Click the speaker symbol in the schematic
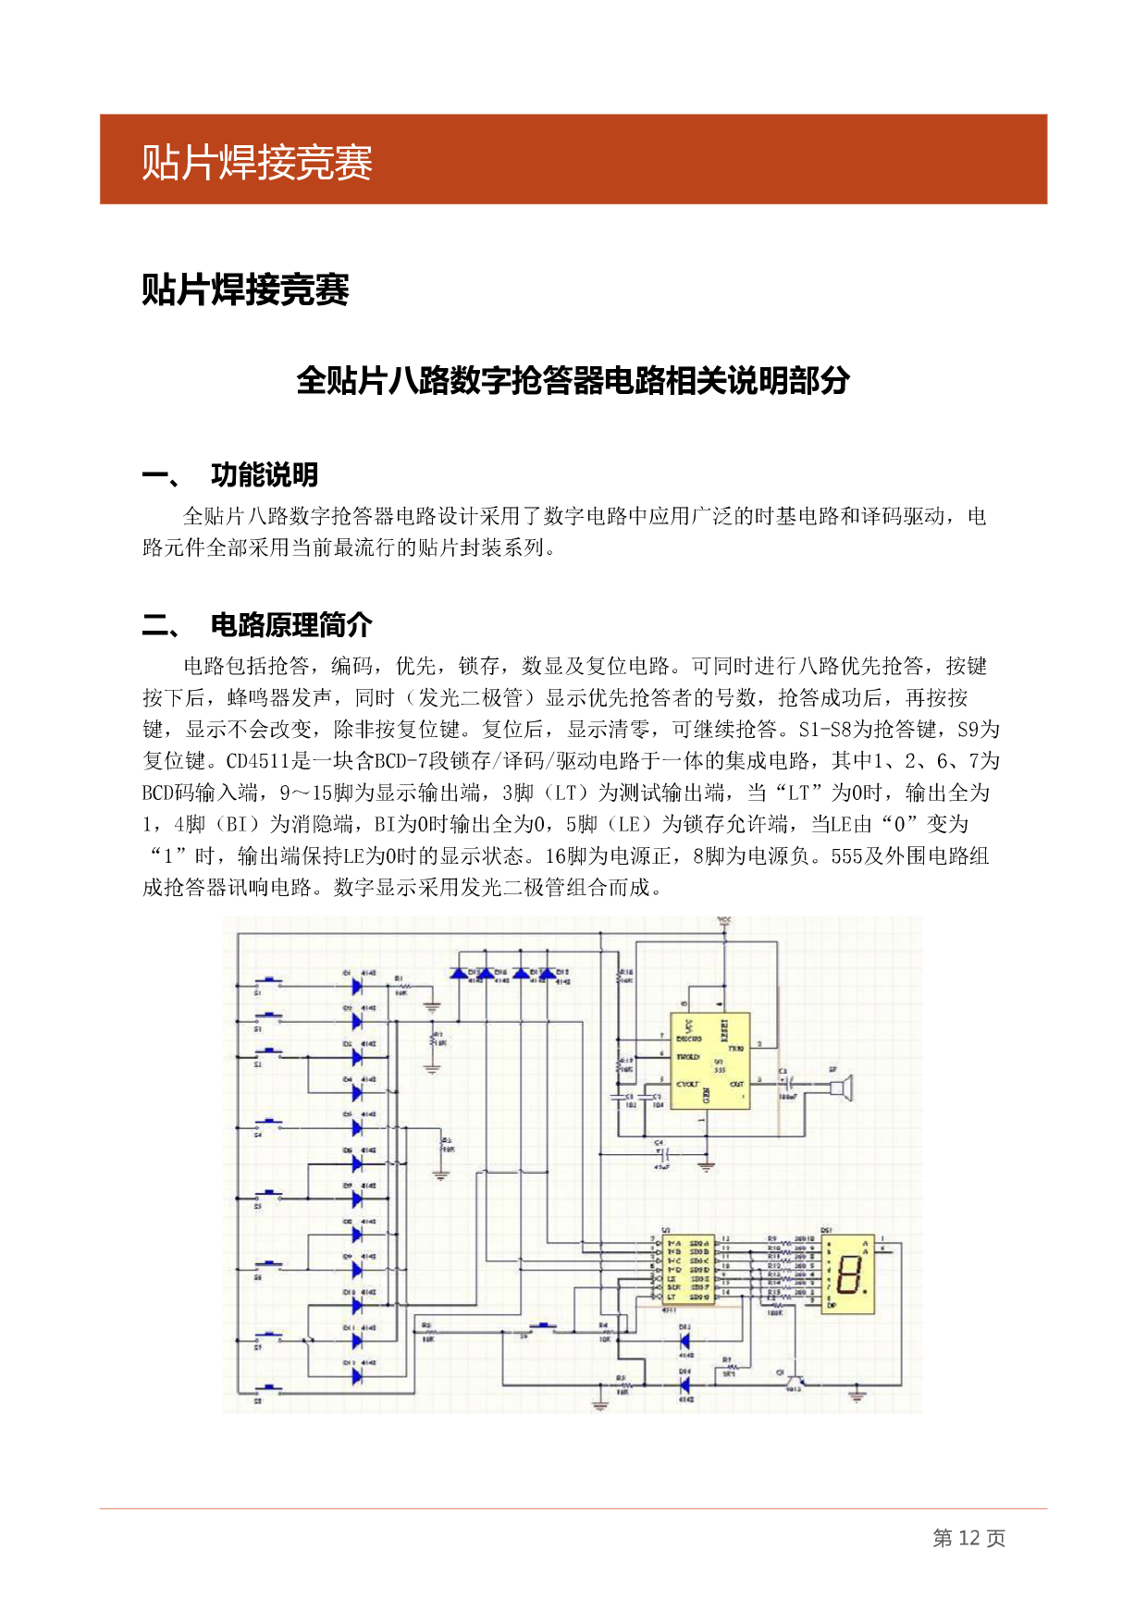coord(841,1087)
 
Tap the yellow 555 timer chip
coord(709,1060)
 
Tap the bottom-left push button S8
coord(271,1388)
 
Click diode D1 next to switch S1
coord(357,986)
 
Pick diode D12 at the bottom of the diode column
coord(357,1377)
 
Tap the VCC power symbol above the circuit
coord(724,923)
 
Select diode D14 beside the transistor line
coord(685,1384)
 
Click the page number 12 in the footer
coord(968,1538)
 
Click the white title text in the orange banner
coord(257,163)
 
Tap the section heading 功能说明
coord(265,475)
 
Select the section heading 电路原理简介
coord(291,625)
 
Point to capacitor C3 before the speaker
coord(786,1080)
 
